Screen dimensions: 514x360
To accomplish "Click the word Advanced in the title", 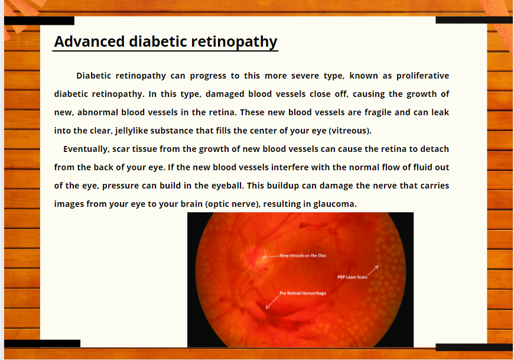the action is tap(89, 41).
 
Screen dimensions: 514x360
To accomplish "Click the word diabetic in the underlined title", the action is tap(158, 41).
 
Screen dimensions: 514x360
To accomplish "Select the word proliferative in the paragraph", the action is tap(422, 76).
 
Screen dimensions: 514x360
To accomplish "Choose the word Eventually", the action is tap(86, 149).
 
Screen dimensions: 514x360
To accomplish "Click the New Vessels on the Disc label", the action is tap(303, 255).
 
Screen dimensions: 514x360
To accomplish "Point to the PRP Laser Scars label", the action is tap(352, 277).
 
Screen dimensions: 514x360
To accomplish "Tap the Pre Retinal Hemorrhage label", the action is tap(302, 293).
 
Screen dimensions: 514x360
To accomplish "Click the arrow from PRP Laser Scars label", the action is tap(373, 271).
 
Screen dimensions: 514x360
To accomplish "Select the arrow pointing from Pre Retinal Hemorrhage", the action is tap(272, 302).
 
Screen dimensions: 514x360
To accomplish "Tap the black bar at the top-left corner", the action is tap(39, 21).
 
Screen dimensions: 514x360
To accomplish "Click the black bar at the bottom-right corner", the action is tap(474, 347).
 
